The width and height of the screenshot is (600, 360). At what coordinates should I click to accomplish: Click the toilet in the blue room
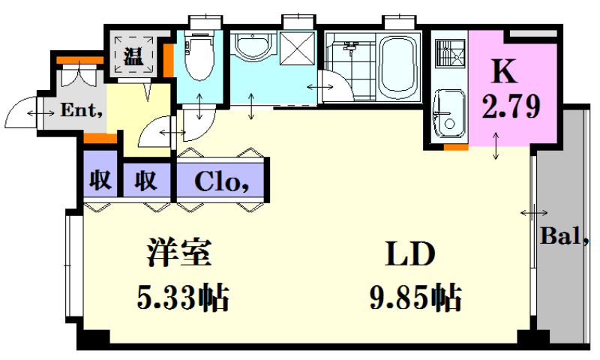[199, 55]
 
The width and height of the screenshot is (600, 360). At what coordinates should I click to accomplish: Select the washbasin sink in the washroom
[253, 47]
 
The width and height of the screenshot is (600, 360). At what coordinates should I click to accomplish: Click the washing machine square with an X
[298, 48]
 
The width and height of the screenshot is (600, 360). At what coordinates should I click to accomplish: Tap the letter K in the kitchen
[505, 71]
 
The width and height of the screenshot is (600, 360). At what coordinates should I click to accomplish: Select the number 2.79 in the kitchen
[511, 106]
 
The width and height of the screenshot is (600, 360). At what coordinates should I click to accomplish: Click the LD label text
[410, 253]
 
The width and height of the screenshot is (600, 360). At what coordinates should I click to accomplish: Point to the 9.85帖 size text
[415, 297]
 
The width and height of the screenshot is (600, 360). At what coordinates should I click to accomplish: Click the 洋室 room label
[179, 252]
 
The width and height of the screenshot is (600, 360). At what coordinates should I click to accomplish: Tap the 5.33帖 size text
[183, 297]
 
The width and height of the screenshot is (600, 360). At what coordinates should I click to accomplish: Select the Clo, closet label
[222, 181]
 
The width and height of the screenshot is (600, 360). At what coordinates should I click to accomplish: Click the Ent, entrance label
[82, 110]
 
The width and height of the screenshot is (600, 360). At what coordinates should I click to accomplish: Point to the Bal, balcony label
[564, 236]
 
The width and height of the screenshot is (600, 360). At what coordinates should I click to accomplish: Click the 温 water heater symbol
[133, 56]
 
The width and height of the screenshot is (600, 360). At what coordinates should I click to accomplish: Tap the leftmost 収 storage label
[100, 179]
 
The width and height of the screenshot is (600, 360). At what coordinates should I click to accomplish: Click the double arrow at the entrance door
[40, 113]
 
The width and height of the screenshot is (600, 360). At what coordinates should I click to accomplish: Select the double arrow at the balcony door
[534, 213]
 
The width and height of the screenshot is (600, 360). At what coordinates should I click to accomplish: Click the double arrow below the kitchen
[496, 145]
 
